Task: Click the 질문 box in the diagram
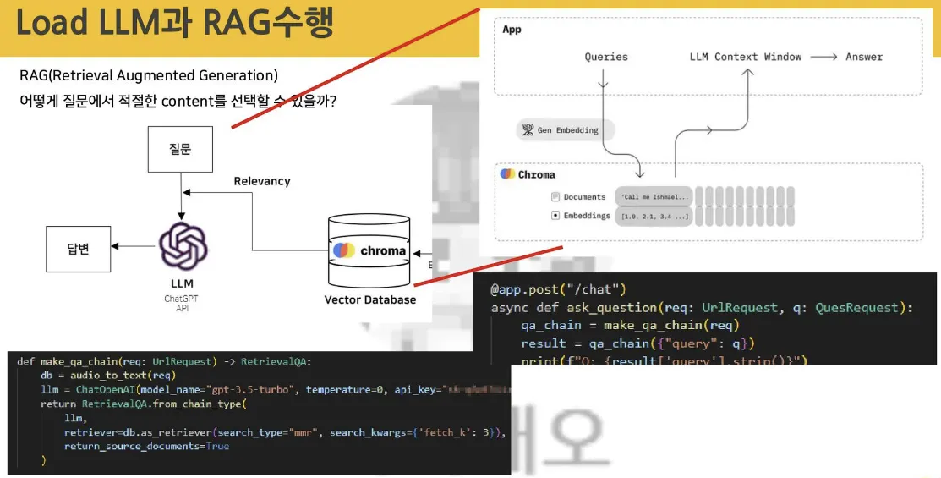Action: [180, 150]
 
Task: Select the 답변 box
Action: [78, 248]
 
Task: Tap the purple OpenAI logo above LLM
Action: [183, 244]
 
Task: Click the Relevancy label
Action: [261, 181]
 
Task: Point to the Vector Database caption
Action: [369, 299]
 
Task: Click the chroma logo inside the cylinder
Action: [369, 250]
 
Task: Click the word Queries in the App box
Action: [606, 57]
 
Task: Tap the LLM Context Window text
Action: [745, 57]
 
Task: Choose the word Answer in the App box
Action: [863, 57]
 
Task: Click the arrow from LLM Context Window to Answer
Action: [823, 57]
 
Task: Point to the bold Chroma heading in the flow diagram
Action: [536, 174]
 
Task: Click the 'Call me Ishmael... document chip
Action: [654, 197]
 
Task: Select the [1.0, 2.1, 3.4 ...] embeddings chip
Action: [654, 216]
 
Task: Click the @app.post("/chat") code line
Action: [558, 289]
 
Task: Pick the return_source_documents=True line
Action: [145, 446]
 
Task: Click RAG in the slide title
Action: [237, 24]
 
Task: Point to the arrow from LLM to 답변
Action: [132, 246]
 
